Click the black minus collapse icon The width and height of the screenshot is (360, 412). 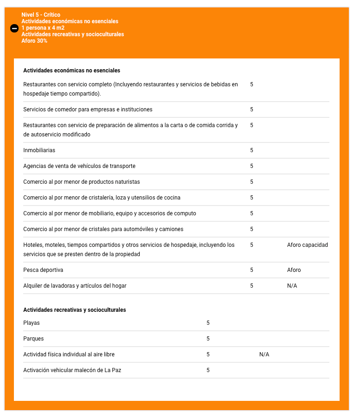pos(14,29)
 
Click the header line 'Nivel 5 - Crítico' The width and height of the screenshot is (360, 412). pos(41,15)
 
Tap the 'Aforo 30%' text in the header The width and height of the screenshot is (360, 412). pos(34,41)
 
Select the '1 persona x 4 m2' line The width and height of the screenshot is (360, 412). pos(43,28)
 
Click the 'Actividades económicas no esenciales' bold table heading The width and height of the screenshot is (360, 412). pos(71,71)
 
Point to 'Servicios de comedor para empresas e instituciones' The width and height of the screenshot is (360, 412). pos(88,109)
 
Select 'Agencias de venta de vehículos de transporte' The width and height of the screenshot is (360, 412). pos(79,166)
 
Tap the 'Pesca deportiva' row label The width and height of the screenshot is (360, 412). pos(43,270)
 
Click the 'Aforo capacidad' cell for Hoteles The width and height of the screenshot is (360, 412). pos(307,245)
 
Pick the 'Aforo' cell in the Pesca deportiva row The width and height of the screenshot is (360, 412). pos(294,270)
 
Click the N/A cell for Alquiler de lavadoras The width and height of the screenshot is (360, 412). pos(292,286)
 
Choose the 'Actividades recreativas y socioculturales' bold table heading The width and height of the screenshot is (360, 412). pos(74,310)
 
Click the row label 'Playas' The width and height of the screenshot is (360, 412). pos(32,323)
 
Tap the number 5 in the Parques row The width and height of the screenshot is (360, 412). pos(208,339)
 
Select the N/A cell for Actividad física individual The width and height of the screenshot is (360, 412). pos(264,354)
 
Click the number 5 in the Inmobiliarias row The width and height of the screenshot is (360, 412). pos(251,150)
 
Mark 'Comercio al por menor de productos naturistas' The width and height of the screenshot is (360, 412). pos(81,182)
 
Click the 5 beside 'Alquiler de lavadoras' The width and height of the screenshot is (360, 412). pos(251,286)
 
